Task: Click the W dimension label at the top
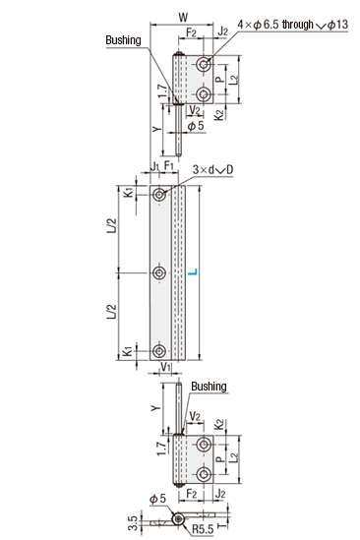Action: coord(183,17)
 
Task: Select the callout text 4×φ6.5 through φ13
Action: coord(292,25)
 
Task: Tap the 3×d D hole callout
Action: coord(212,169)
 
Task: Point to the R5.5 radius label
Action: coord(203,528)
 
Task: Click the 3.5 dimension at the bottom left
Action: coord(135,522)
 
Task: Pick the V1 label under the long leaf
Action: coord(166,367)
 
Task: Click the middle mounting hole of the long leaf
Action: coord(158,273)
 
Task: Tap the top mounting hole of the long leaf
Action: coord(159,195)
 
